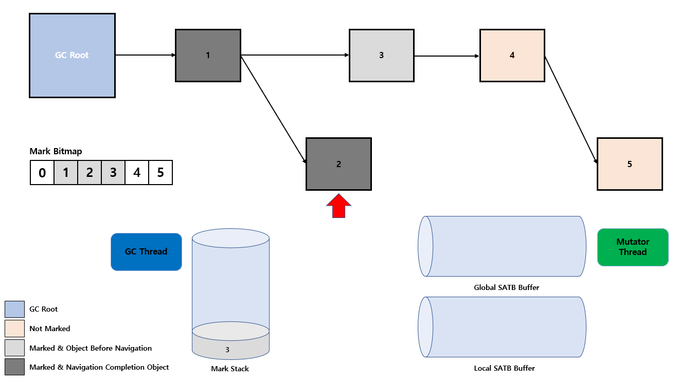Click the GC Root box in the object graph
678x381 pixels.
point(72,56)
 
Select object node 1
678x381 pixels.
point(208,56)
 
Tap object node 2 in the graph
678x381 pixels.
point(338,164)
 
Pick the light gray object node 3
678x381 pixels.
point(381,56)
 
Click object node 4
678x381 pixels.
point(512,56)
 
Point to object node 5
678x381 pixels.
point(630,164)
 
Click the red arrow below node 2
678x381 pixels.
point(338,206)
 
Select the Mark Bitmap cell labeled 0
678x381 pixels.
point(42,172)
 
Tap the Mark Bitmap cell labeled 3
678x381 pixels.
point(113,172)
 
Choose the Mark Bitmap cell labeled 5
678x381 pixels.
point(160,172)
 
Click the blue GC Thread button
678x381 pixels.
point(146,252)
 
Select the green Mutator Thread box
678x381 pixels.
point(633,247)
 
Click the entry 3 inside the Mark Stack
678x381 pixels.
point(227,350)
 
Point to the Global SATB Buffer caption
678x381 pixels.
point(506,287)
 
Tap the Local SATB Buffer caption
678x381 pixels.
point(504,368)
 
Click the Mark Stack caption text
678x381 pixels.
point(230,369)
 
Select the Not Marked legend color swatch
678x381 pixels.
point(14,329)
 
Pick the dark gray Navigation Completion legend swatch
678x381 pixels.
point(14,367)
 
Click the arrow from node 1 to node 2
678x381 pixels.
point(274,110)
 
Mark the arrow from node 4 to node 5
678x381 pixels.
point(571,110)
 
